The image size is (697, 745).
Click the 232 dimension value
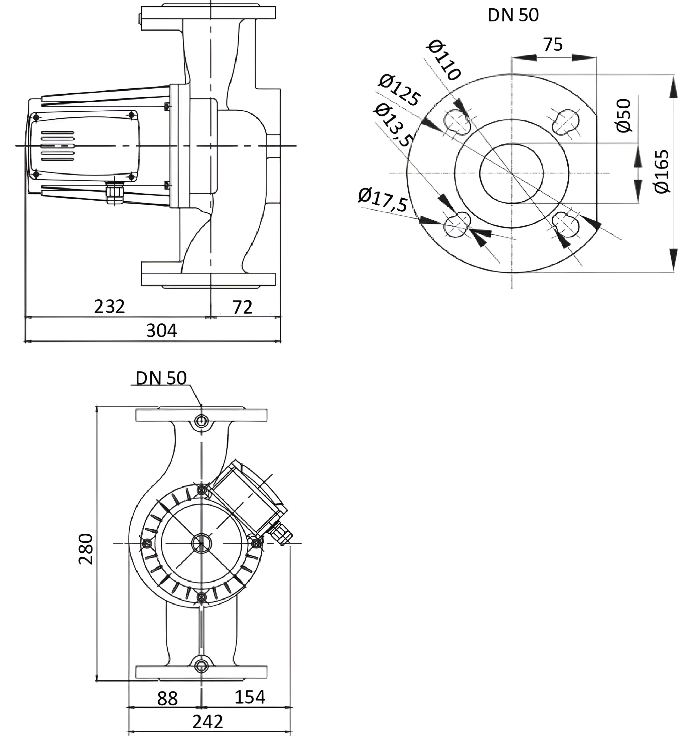pyautogui.click(x=109, y=307)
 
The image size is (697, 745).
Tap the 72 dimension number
pyautogui.click(x=242, y=308)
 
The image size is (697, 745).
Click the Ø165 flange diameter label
pyautogui.click(x=662, y=172)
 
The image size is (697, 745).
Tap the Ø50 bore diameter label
pyautogui.click(x=623, y=115)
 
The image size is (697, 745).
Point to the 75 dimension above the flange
pyautogui.click(x=553, y=45)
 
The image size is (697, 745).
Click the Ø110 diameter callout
pyautogui.click(x=444, y=60)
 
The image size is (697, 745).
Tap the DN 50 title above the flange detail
pyautogui.click(x=513, y=15)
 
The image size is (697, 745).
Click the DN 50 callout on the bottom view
pyautogui.click(x=161, y=379)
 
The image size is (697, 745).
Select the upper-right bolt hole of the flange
pyautogui.click(x=566, y=121)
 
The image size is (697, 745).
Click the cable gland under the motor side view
pyautogui.click(x=111, y=193)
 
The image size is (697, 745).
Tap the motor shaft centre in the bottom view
pyautogui.click(x=201, y=543)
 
